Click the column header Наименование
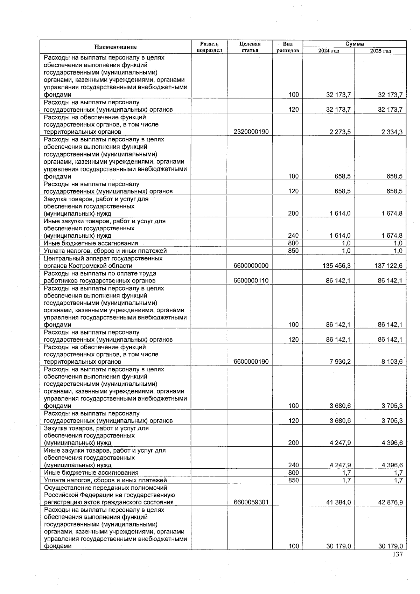pyautogui.click(x=115, y=47)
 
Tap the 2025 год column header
pyautogui.click(x=380, y=51)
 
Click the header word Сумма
pyautogui.click(x=354, y=44)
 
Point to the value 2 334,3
pyautogui.click(x=392, y=132)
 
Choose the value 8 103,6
pyautogui.click(x=392, y=362)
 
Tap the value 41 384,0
pyautogui.click(x=338, y=502)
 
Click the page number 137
pyautogui.click(x=398, y=554)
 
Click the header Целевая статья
pyautogui.click(x=250, y=47)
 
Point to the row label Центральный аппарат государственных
pyautogui.click(x=103, y=258)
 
